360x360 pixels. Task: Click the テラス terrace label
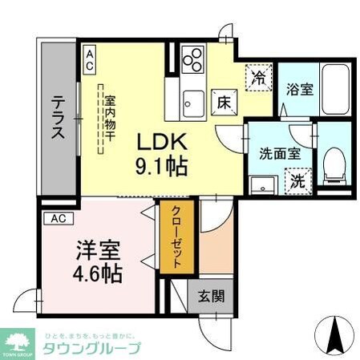coord(59,119)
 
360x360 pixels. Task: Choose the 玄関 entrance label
coord(212,294)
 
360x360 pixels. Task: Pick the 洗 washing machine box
coord(297,180)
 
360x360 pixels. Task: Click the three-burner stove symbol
coord(193,60)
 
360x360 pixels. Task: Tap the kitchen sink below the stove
coord(192,101)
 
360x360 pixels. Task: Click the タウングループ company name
coord(90,346)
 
